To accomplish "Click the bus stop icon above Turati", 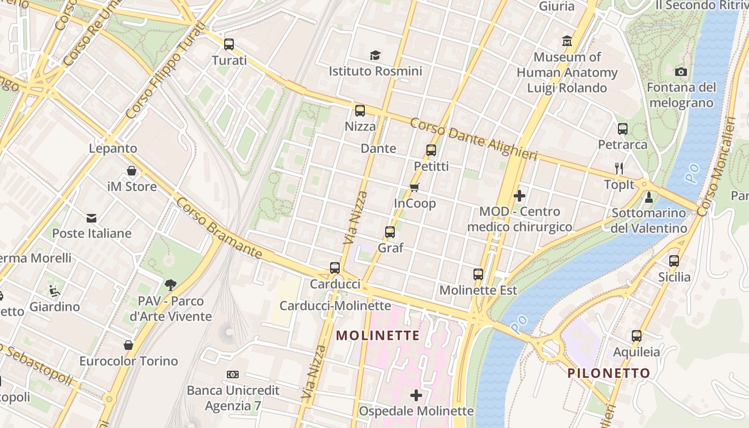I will [229, 44].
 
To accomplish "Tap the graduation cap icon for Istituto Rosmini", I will [375, 55].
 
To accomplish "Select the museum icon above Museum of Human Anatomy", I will [567, 41].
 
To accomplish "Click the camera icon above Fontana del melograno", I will [681, 72].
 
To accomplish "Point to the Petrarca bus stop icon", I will [622, 128].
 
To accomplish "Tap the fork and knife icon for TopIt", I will [619, 169].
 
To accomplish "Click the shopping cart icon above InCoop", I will [415, 187].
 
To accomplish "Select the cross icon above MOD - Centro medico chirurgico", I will [519, 196].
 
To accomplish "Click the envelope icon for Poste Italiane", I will [91, 218].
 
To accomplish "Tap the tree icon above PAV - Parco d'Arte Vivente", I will [171, 285].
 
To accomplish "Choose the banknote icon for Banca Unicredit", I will [233, 374].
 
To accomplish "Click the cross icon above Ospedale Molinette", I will [416, 395].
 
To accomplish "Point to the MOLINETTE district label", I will [378, 335].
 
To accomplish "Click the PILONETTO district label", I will [609, 373].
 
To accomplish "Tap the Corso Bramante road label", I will [219, 227].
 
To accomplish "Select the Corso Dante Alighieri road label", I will [473, 139].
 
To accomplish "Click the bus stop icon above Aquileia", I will [636, 336].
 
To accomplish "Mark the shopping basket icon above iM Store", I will [132, 171].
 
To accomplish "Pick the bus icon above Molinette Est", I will [478, 274].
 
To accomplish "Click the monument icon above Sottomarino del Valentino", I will [649, 197].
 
